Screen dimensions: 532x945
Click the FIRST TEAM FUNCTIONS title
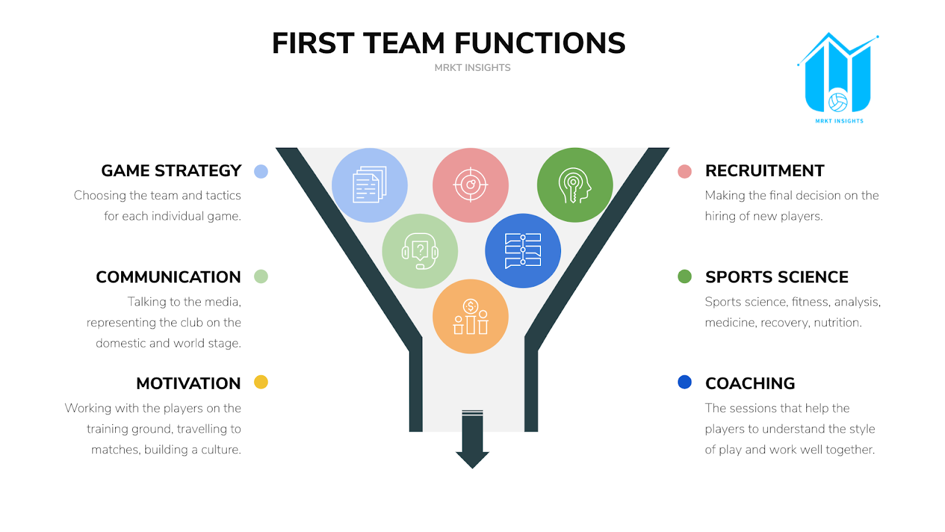448,43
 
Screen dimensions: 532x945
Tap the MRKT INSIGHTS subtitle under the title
472,68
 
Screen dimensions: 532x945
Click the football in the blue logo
838,102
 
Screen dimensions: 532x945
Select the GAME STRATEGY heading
171,171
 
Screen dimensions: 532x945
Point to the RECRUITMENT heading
764,171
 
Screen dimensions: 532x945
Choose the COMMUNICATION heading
168,277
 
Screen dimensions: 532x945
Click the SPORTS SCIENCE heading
777,277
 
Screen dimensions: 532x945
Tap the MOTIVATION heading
188,384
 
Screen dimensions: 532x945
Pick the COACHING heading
750,384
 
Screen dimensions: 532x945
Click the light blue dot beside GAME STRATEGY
261,171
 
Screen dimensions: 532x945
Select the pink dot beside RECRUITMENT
685,171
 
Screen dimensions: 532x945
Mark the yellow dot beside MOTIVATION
261,382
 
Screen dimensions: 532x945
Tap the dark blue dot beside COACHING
685,382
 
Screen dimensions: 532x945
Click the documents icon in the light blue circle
370,185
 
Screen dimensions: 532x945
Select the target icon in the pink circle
471,185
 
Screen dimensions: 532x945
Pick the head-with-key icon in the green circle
575,185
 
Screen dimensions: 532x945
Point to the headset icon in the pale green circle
420,251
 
